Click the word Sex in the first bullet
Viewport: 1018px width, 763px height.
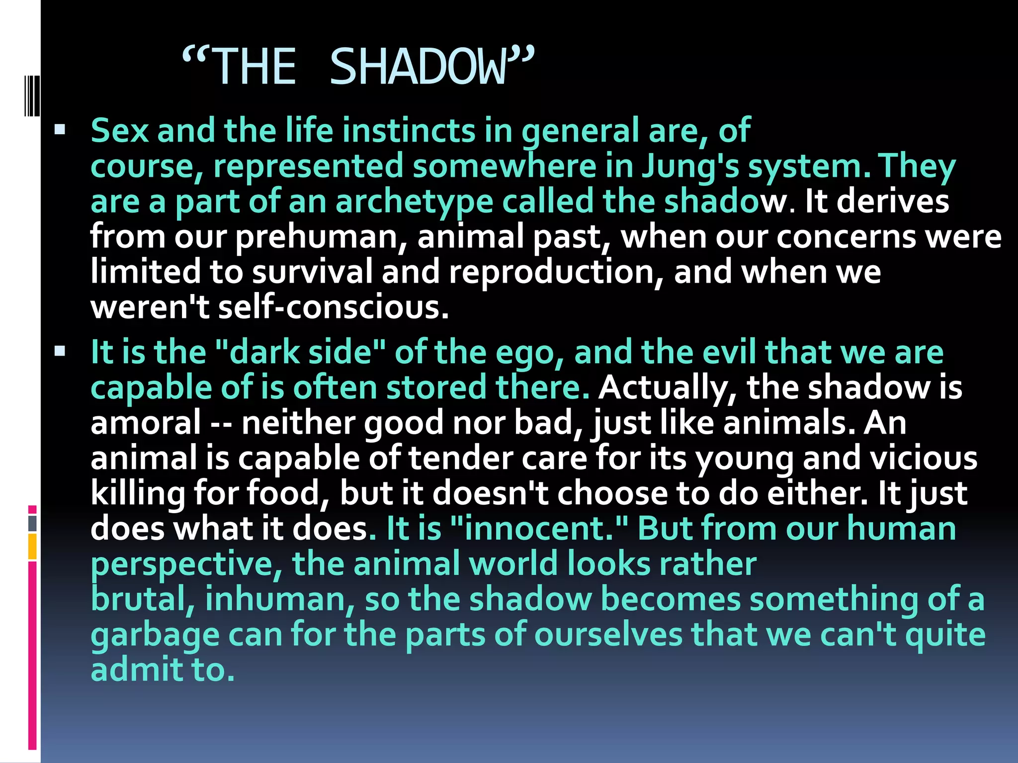(x=120, y=131)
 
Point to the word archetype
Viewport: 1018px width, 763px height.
(x=414, y=202)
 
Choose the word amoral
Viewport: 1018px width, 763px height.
(x=145, y=423)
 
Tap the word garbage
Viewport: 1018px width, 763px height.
(x=155, y=635)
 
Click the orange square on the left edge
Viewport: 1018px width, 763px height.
(x=32, y=546)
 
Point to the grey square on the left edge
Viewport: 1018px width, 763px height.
(x=32, y=524)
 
